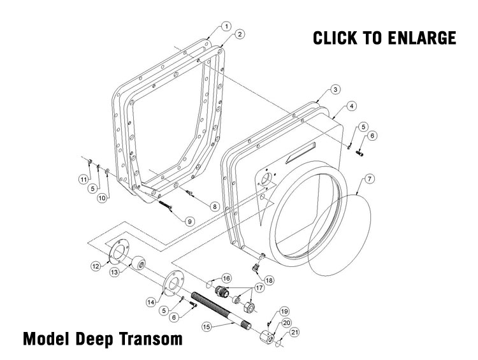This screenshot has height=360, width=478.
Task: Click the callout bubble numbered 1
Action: click(226, 26)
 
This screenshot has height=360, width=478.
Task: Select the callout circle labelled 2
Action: click(238, 34)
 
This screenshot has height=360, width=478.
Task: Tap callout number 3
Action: click(335, 89)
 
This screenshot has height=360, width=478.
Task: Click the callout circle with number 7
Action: click(370, 178)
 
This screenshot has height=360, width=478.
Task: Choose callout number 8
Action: click(214, 206)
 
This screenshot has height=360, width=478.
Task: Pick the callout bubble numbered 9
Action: click(189, 221)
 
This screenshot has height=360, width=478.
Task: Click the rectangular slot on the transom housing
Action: click(301, 153)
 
